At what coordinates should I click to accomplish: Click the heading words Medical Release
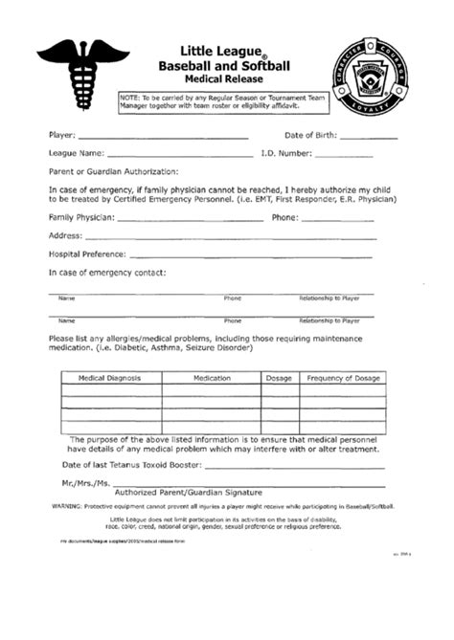pyautogui.click(x=231, y=79)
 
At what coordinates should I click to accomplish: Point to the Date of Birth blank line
pyautogui.click(x=368, y=138)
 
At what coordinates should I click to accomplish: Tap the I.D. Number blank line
pyautogui.click(x=345, y=154)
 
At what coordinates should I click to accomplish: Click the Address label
pyautogui.click(x=64, y=235)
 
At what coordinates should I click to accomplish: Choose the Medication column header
pyautogui.click(x=212, y=379)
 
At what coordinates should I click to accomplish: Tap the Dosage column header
pyautogui.click(x=279, y=379)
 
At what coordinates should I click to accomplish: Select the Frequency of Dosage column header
pyautogui.click(x=342, y=379)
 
